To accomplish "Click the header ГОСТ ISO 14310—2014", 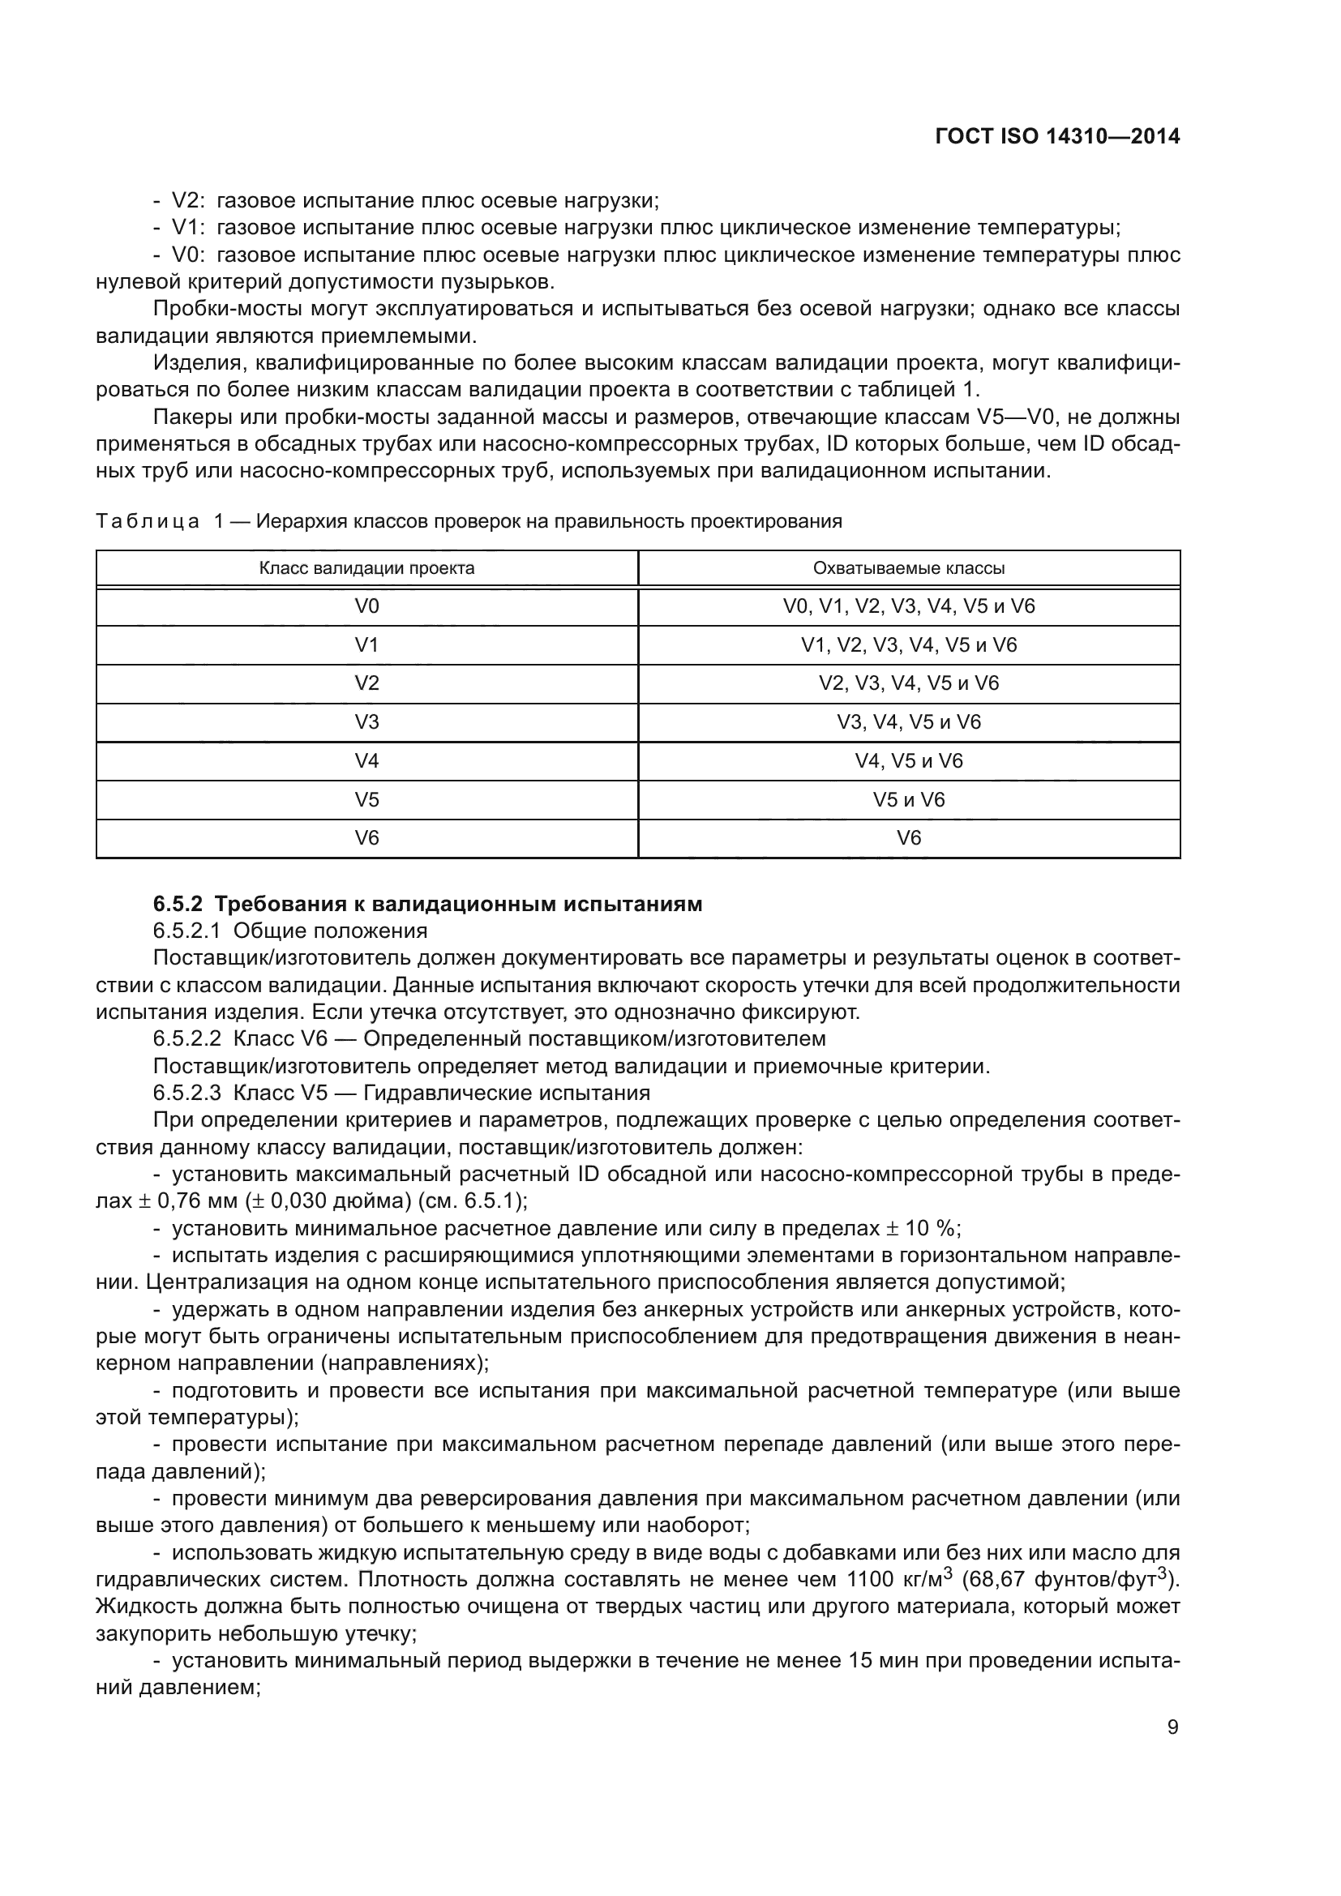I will pyautogui.click(x=1057, y=136).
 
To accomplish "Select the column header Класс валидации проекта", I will pyautogui.click(x=366, y=568).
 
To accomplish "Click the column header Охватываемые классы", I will pyautogui.click(x=908, y=568).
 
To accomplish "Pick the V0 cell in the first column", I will pyautogui.click(x=366, y=606).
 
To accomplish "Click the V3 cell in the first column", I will pyautogui.click(x=366, y=721).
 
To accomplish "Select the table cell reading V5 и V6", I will pyautogui.click(x=908, y=799).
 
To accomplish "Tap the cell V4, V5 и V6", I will pyautogui.click(x=908, y=760).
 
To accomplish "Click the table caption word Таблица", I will pyautogui.click(x=147, y=521).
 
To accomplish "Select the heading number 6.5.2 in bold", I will pyautogui.click(x=178, y=905).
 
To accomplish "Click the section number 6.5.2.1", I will pyautogui.click(x=186, y=931).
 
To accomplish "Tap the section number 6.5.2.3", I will pyautogui.click(x=186, y=1094).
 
